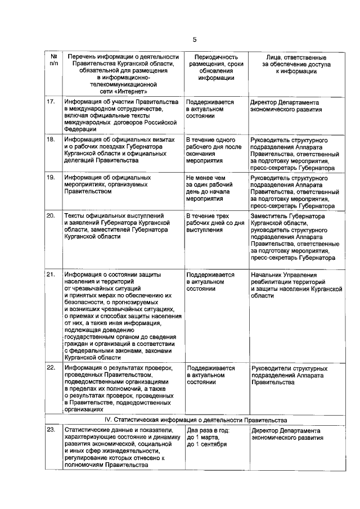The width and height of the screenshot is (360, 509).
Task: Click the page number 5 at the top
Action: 195,39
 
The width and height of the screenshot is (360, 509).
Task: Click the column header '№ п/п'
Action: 53,61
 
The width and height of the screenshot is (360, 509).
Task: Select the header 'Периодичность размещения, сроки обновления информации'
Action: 211,68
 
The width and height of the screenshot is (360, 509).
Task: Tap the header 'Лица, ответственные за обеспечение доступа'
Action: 296,65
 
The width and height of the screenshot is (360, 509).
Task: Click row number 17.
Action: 51,102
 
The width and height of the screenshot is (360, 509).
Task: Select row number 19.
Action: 51,177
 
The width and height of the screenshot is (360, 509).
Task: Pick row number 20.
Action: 51,215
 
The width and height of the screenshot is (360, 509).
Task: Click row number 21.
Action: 51,274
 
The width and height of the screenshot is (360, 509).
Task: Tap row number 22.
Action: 51,368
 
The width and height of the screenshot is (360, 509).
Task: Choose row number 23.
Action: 51,430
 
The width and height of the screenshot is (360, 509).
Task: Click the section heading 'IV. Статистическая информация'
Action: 195,420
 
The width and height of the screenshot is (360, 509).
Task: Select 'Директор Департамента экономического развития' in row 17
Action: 287,106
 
